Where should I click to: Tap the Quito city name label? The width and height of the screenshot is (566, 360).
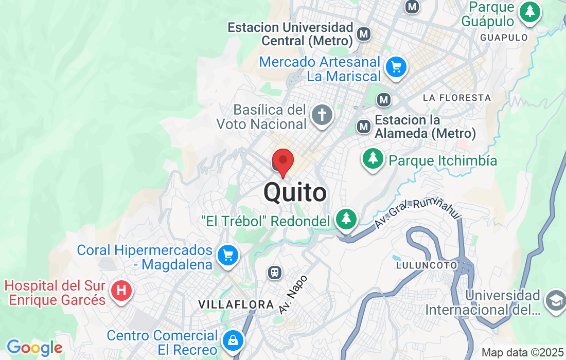click(x=295, y=193)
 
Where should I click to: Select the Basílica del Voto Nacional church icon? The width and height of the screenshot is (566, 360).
click(x=322, y=114)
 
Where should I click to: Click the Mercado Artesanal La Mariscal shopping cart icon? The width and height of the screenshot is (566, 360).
click(x=396, y=67)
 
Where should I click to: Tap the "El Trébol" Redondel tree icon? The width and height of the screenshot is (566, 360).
click(x=347, y=219)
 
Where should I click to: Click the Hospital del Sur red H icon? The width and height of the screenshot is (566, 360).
click(x=121, y=291)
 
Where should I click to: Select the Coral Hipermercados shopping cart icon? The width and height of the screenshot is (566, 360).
click(x=227, y=255)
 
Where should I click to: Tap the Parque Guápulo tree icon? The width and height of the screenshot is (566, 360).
click(x=529, y=12)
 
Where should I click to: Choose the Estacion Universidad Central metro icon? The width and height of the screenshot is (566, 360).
click(x=364, y=34)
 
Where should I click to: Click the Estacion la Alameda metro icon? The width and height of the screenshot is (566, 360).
click(x=364, y=126)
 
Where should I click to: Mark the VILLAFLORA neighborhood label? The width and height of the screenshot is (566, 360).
click(x=236, y=305)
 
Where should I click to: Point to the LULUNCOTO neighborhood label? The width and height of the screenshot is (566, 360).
click(x=427, y=265)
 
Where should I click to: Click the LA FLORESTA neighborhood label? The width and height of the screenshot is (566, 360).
click(x=456, y=98)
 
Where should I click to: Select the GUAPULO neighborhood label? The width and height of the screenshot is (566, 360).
click(x=504, y=38)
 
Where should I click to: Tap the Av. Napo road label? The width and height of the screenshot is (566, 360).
click(x=293, y=295)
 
